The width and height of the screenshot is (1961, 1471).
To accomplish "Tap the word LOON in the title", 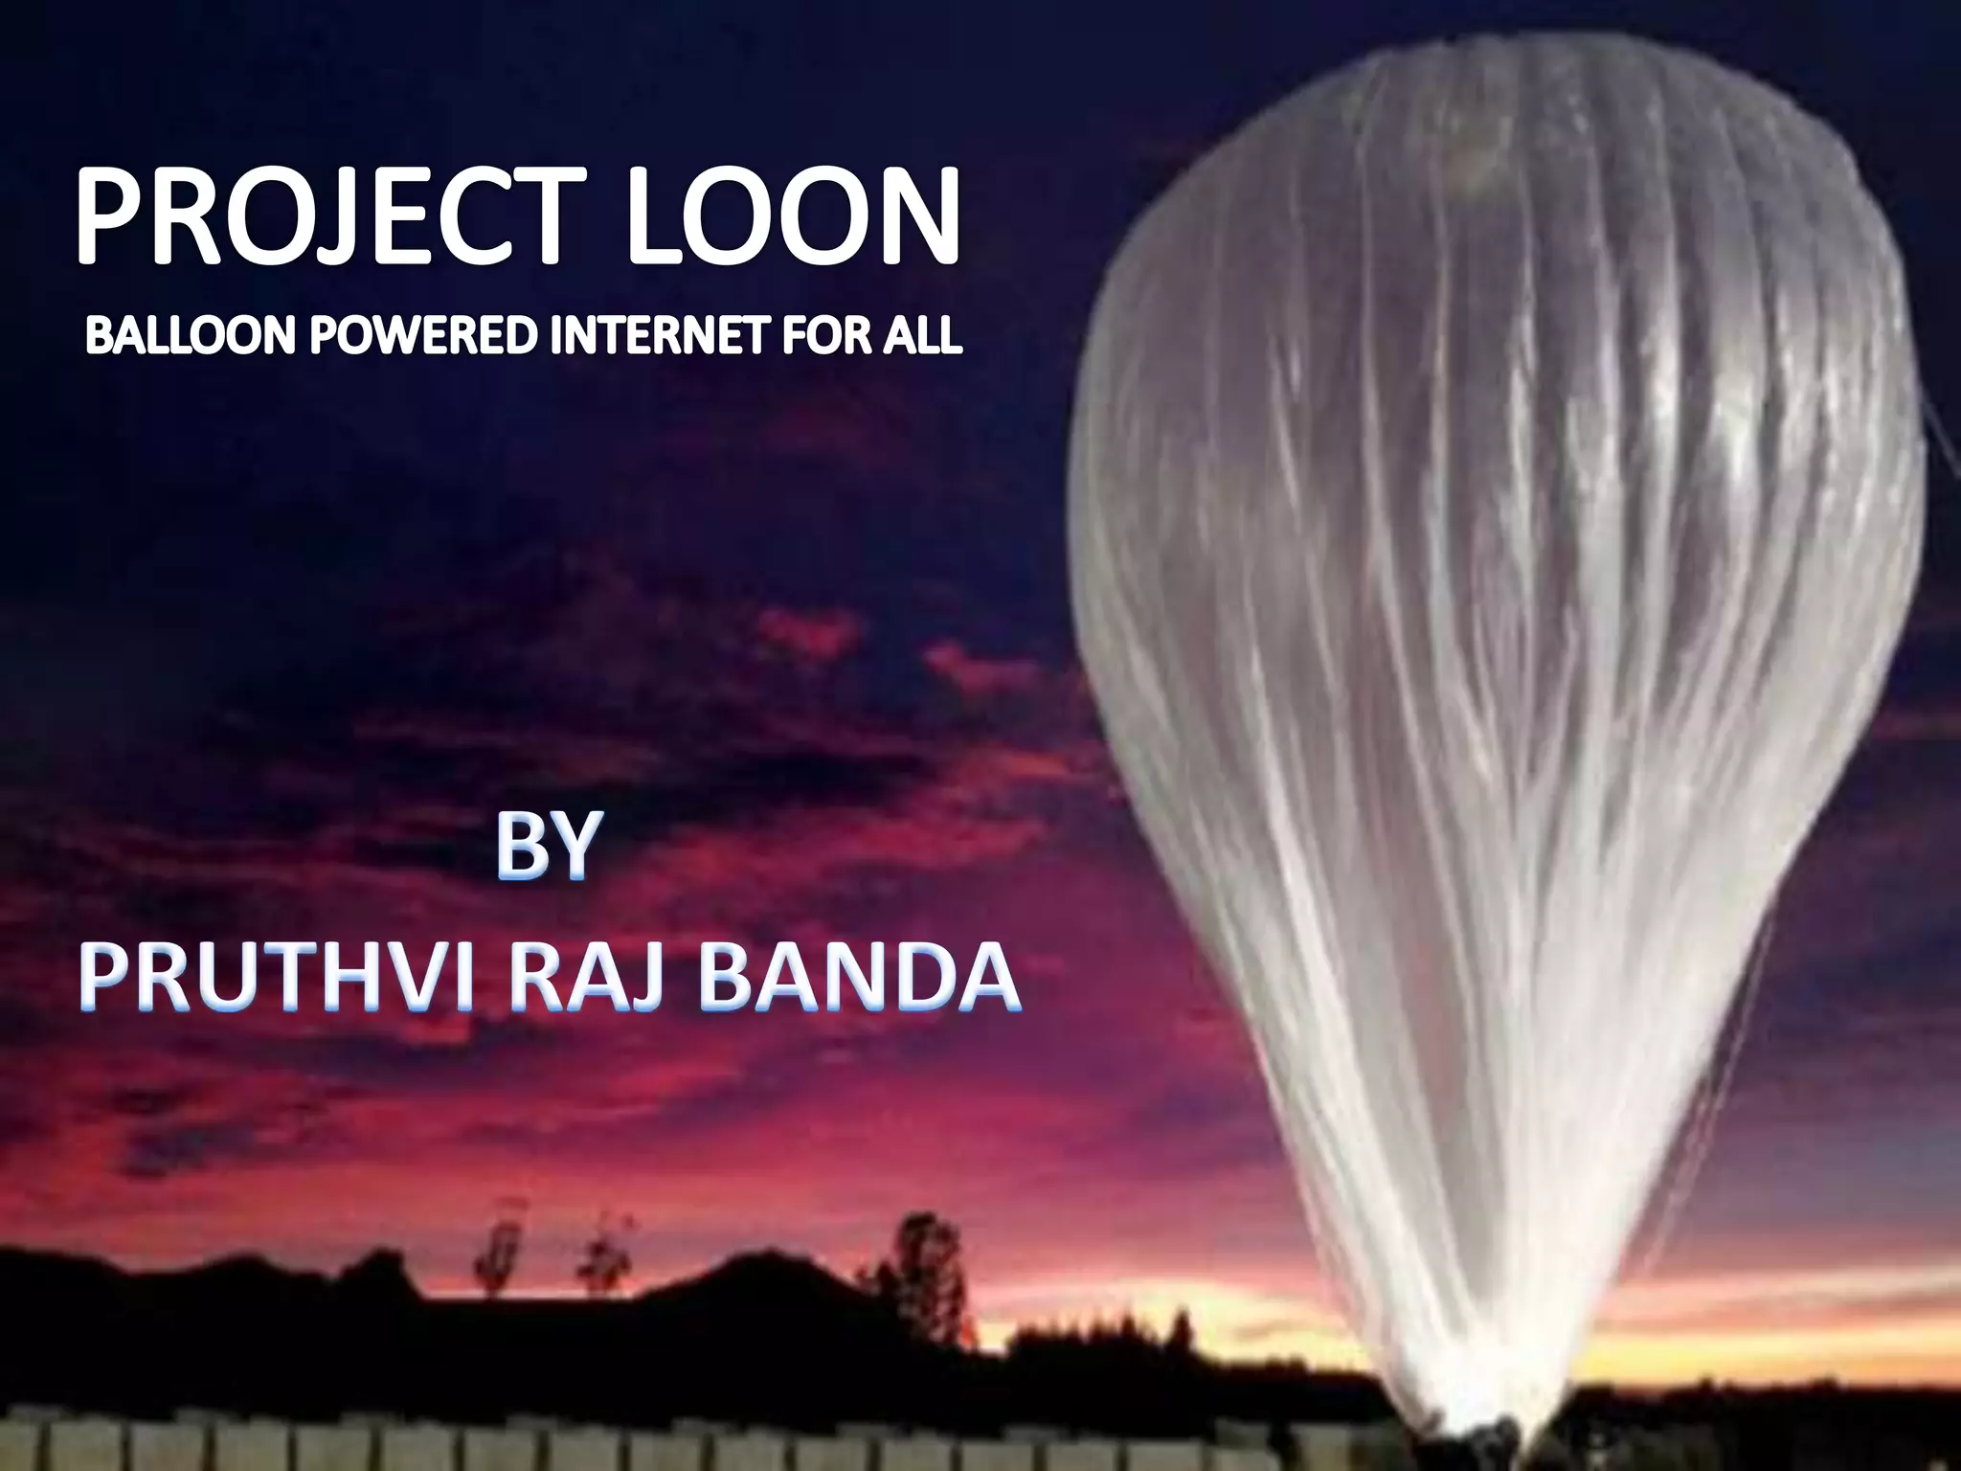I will coord(793,216).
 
